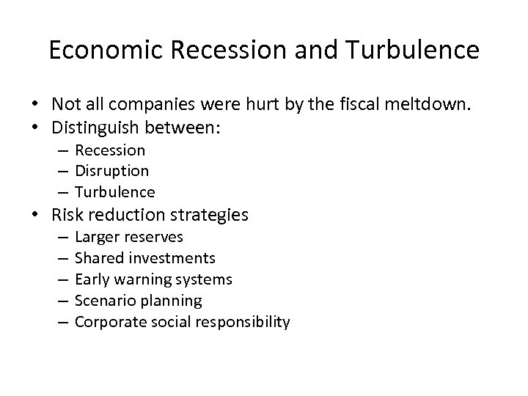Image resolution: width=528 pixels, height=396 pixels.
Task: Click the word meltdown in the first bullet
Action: click(436, 105)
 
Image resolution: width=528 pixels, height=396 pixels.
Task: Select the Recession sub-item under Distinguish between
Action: click(110, 150)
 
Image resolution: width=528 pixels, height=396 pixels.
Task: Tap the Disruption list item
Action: click(112, 172)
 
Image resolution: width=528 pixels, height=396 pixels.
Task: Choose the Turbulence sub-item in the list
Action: click(115, 192)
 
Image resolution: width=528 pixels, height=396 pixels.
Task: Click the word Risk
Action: click(68, 215)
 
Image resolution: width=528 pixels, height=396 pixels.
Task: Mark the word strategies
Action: click(212, 216)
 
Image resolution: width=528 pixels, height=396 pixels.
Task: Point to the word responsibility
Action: click(246, 322)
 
